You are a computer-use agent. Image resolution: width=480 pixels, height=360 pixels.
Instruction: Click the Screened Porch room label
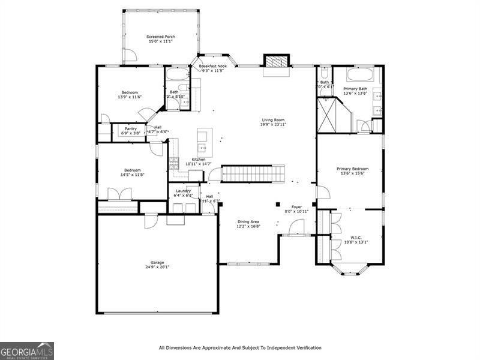pyautogui.click(x=161, y=37)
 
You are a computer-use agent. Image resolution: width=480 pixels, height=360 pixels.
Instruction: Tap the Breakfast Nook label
pyautogui.click(x=213, y=66)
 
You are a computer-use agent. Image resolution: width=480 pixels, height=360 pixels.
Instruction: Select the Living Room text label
pyautogui.click(x=273, y=119)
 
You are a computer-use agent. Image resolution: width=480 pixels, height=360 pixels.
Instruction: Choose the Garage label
pyautogui.click(x=157, y=262)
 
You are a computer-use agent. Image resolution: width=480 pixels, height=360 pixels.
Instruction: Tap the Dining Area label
pyautogui.click(x=247, y=221)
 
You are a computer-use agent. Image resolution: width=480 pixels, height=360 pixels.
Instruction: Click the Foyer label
pyautogui.click(x=296, y=206)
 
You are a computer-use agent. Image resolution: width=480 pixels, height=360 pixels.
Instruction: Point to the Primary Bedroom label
pyautogui.click(x=352, y=169)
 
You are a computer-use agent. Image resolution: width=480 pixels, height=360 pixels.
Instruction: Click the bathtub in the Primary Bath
pyautogui.click(x=357, y=76)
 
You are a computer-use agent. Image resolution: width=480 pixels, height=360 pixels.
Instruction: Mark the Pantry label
pyautogui.click(x=131, y=128)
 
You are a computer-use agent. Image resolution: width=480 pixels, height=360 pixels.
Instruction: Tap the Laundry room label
pyautogui.click(x=183, y=191)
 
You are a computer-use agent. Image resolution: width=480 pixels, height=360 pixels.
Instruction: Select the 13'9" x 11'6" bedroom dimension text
pyautogui.click(x=130, y=97)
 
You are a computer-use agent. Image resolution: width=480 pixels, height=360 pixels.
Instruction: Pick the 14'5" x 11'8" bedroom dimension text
pyautogui.click(x=132, y=175)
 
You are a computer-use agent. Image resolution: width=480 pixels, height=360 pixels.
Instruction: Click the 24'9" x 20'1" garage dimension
pyautogui.click(x=157, y=267)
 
